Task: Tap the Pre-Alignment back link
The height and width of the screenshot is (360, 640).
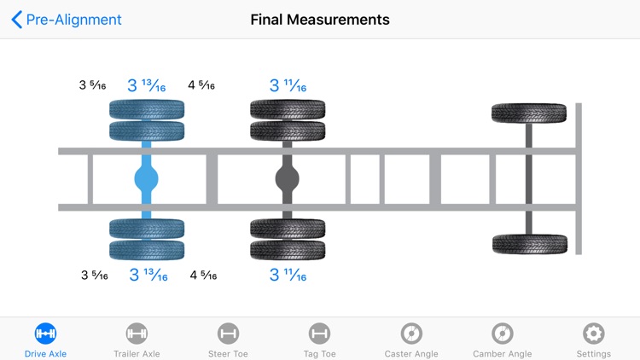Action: click(67, 20)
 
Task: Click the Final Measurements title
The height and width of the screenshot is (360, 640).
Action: click(320, 20)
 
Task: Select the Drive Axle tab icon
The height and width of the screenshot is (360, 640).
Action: click(45, 334)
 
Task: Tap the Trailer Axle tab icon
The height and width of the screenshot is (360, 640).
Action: click(137, 334)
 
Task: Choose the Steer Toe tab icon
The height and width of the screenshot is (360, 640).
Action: click(228, 334)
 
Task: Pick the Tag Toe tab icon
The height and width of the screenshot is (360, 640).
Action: click(320, 334)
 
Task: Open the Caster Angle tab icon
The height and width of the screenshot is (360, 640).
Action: click(411, 334)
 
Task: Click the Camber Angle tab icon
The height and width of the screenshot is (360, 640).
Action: click(503, 334)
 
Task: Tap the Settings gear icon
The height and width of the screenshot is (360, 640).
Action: click(594, 334)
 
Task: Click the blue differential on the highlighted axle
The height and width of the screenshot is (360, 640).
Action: click(147, 179)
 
